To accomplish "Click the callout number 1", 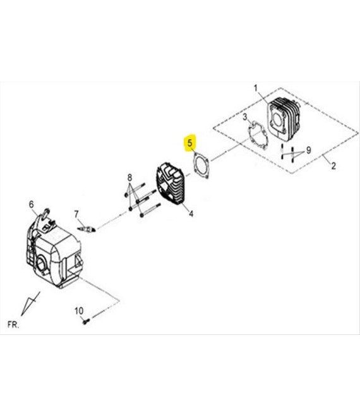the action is tap(256, 88).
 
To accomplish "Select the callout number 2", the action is tap(333, 166).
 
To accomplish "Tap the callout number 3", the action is tap(245, 117).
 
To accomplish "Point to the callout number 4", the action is tap(191, 214).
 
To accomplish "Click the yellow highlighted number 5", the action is tap(190, 143).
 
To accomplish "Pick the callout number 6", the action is tap(32, 205).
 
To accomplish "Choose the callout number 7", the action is tap(76, 214).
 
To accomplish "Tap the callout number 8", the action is tap(129, 178).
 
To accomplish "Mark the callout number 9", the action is tap(308, 150).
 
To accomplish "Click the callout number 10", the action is tap(79, 311).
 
